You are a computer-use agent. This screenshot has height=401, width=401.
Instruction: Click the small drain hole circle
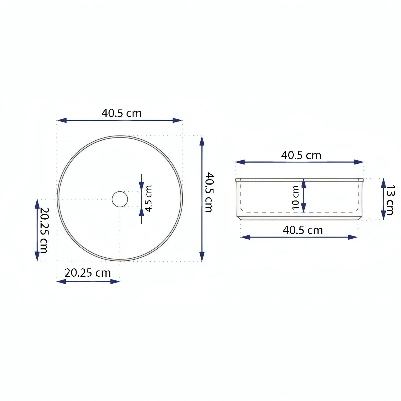pyautogui.click(x=120, y=199)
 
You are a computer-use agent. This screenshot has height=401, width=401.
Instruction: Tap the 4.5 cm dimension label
pyautogui.click(x=149, y=198)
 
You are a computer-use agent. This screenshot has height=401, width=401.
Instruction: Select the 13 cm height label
pyautogui.click(x=390, y=200)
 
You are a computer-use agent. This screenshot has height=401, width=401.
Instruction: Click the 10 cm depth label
pyautogui.click(x=296, y=198)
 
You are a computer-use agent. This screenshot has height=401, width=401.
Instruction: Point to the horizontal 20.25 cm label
pyautogui.click(x=88, y=273)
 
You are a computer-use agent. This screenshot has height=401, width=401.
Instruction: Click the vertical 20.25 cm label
pyautogui.click(x=44, y=230)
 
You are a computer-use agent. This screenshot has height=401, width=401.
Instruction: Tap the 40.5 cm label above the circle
pyautogui.click(x=122, y=113)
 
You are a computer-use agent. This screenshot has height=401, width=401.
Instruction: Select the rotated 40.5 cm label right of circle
pyautogui.click(x=209, y=192)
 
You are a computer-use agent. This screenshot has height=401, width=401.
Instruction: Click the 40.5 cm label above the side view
pyautogui.click(x=301, y=155)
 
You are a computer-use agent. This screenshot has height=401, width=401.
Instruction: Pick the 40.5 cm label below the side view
pyautogui.click(x=303, y=230)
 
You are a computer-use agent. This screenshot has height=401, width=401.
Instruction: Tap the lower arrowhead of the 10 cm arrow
pyautogui.click(x=304, y=208)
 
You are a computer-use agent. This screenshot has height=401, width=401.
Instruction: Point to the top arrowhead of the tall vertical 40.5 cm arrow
pyautogui.click(x=202, y=141)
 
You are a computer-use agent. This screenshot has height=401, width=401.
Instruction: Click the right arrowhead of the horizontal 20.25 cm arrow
pyautogui.click(x=115, y=281)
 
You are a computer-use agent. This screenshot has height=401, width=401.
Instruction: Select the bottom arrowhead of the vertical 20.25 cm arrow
pyautogui.click(x=37, y=256)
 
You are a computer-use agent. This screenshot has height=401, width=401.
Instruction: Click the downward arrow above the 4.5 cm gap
pyautogui.click(x=142, y=186)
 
